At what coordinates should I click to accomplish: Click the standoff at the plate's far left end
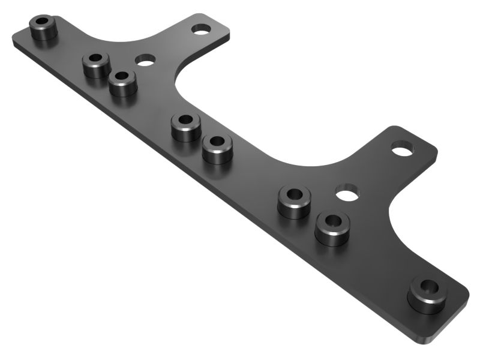(x=43, y=28)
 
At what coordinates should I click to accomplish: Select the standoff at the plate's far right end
(x=427, y=295)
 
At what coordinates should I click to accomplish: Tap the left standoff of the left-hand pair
(x=96, y=65)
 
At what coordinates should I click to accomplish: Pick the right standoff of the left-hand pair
(x=123, y=83)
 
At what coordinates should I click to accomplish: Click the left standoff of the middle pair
(x=186, y=127)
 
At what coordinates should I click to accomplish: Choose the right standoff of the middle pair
(x=217, y=149)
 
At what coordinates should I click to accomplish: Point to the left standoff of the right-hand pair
(x=294, y=202)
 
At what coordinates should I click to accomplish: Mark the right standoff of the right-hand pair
(x=332, y=228)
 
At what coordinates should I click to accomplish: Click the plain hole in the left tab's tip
(x=201, y=28)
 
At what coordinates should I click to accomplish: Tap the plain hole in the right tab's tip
(x=403, y=146)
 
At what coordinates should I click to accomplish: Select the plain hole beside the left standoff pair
(x=145, y=59)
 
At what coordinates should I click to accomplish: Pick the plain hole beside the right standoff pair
(x=347, y=193)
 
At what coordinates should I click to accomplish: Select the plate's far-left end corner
(x=14, y=37)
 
